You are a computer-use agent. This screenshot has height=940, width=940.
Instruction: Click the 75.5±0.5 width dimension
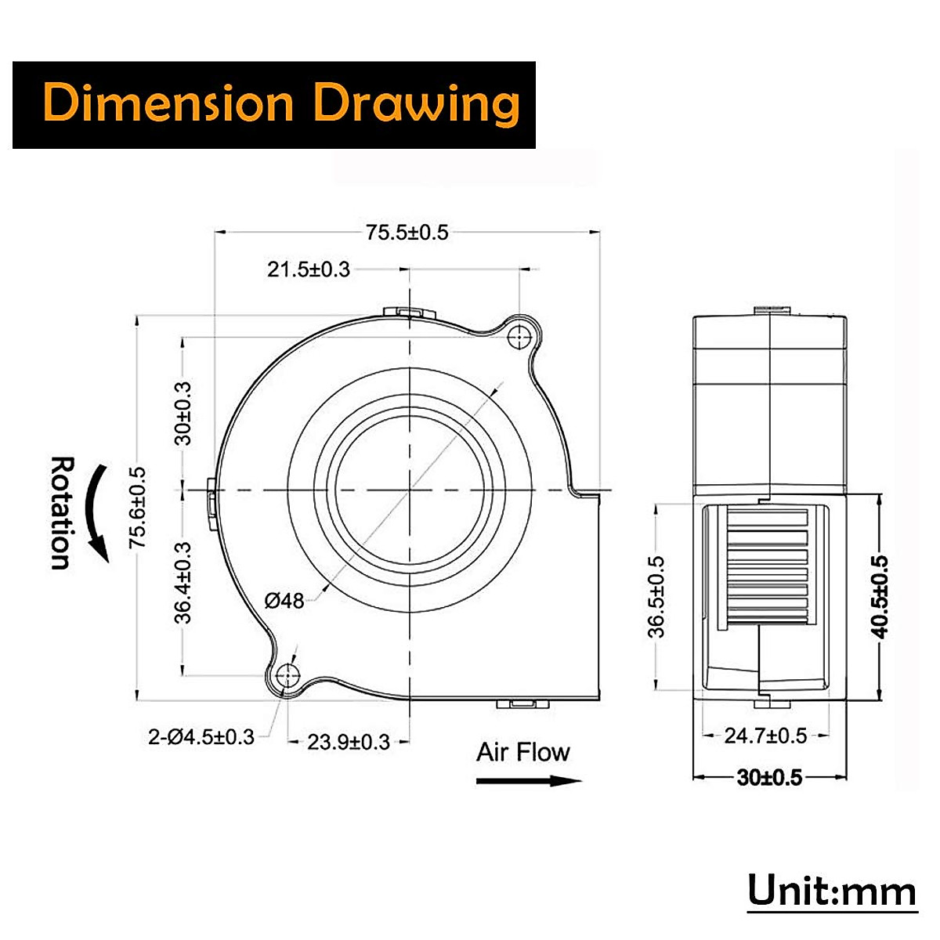point(407,232)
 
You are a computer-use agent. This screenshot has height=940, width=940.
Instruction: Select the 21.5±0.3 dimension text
point(309,269)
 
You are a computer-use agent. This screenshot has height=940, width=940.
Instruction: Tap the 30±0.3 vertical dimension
point(183,413)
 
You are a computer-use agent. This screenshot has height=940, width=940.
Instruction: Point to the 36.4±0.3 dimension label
point(183,582)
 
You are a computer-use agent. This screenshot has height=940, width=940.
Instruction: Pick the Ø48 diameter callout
point(284,601)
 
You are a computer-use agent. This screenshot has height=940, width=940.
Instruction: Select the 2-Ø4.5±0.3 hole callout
point(201,736)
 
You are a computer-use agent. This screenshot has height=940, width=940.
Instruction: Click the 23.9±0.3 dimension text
point(348,742)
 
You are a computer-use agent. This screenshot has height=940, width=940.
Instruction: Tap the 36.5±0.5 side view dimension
point(656,596)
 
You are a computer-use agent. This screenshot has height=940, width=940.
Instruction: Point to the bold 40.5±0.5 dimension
point(880,596)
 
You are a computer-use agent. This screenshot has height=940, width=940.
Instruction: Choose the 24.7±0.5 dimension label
point(765,736)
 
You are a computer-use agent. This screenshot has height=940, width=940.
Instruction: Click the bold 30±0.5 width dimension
point(769,777)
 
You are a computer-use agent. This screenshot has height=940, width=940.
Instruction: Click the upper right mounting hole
point(519,337)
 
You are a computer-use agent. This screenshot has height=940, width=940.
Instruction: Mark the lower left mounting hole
point(289,674)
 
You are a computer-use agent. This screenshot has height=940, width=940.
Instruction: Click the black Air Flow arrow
point(529,780)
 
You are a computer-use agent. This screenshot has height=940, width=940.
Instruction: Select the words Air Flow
point(523,752)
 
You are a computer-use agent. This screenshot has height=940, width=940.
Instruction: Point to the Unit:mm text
point(831,891)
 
